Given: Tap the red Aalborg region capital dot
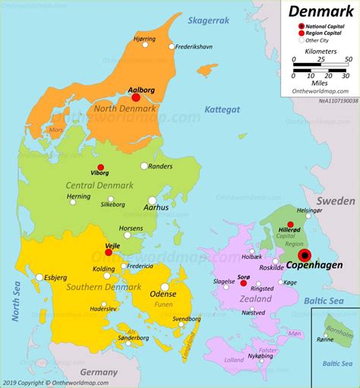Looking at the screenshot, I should coord(136,97).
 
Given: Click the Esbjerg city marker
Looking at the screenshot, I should coord(39,277).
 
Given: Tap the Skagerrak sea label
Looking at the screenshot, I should coord(208,21).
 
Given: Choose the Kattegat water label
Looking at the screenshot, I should coord(222,109).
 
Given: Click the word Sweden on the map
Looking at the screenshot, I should coord(335,201).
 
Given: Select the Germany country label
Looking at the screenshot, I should coord(99,372).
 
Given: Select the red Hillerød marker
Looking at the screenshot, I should coord(290,224).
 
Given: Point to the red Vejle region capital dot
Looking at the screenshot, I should coord(108,253).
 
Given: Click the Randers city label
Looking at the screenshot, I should coord(160,166).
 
